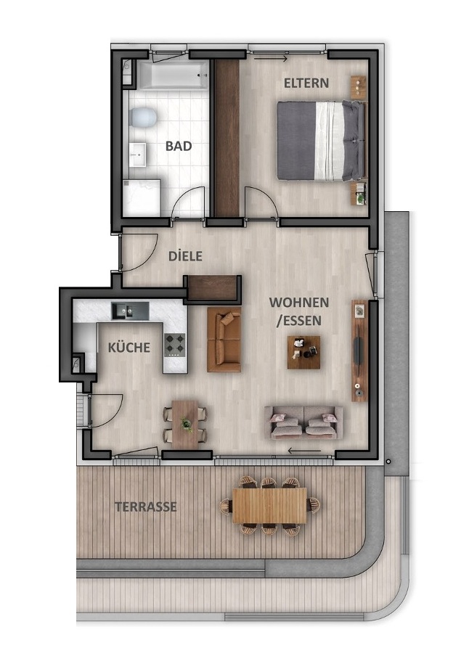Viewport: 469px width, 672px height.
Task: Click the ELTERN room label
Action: pos(306,83)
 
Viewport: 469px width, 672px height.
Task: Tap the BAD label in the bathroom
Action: pos(179,146)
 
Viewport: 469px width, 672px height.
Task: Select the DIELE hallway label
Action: pos(185,256)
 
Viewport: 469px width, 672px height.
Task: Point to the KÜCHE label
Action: pos(129,348)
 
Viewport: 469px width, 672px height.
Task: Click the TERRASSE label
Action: pos(145,507)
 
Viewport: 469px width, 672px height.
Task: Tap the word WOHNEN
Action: pos(298,302)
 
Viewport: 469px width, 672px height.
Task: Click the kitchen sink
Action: pos(129,311)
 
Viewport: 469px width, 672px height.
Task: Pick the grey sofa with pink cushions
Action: pos(303,421)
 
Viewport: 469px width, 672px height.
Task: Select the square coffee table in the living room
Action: pos(303,352)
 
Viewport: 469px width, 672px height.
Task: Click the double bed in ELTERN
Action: pos(320,141)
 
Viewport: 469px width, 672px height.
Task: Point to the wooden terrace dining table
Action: pos(269,505)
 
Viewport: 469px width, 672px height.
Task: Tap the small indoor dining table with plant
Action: pos(186,424)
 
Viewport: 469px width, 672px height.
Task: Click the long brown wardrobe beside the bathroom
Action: pos(227,137)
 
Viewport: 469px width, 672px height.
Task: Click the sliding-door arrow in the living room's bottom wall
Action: pos(304,451)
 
